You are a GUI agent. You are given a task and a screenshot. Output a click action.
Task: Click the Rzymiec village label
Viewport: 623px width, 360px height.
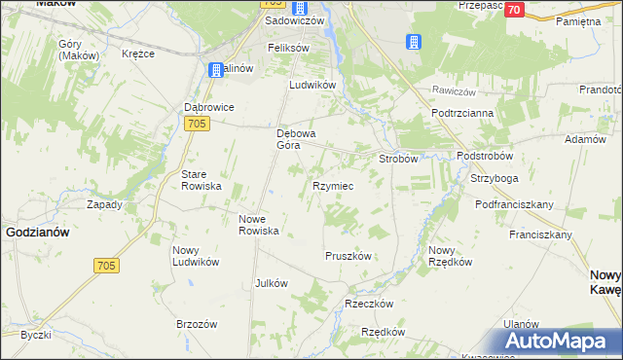click(332, 185)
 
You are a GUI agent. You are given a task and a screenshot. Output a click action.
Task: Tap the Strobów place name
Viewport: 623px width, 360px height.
click(398, 158)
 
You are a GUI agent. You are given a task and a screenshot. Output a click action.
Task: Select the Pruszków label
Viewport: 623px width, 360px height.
click(348, 256)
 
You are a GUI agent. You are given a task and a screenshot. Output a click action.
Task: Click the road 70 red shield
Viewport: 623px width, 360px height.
click(515, 10)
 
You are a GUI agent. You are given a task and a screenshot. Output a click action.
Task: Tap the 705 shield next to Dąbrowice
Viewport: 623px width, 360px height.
click(197, 124)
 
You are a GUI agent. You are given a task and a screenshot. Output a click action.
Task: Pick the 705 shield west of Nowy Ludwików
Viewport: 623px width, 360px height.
click(107, 266)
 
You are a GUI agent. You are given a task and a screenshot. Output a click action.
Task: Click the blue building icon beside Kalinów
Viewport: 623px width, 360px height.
click(215, 70)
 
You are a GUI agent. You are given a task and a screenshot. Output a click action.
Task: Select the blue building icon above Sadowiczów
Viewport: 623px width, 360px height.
click(300, 7)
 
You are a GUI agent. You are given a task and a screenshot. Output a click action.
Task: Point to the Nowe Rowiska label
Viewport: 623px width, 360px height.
click(260, 225)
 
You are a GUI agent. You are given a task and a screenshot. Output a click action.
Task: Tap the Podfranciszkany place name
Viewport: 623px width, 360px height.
click(514, 204)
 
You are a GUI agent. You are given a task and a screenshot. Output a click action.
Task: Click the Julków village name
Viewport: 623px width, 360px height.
click(271, 283)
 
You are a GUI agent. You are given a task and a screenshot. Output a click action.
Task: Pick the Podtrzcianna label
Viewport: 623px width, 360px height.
click(463, 113)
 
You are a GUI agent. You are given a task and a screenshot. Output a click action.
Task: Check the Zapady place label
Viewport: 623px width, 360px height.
click(104, 204)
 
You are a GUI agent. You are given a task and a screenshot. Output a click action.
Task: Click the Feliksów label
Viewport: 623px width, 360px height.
click(288, 48)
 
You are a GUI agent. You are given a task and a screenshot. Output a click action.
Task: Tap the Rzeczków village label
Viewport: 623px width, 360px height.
click(369, 304)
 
